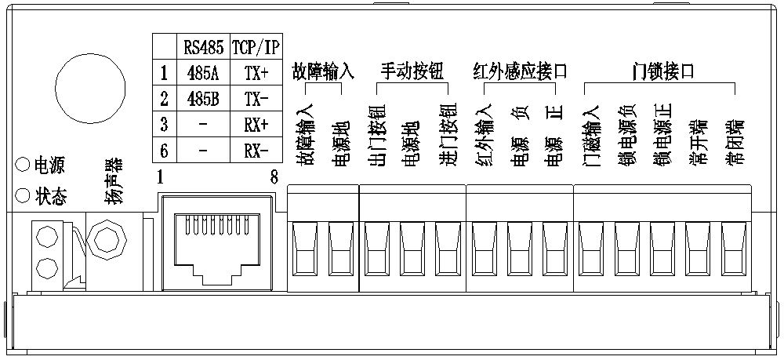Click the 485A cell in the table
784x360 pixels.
pos(202,74)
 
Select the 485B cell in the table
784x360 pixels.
pos(202,100)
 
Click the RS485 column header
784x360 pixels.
pos(202,47)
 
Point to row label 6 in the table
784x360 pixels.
pos(164,150)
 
